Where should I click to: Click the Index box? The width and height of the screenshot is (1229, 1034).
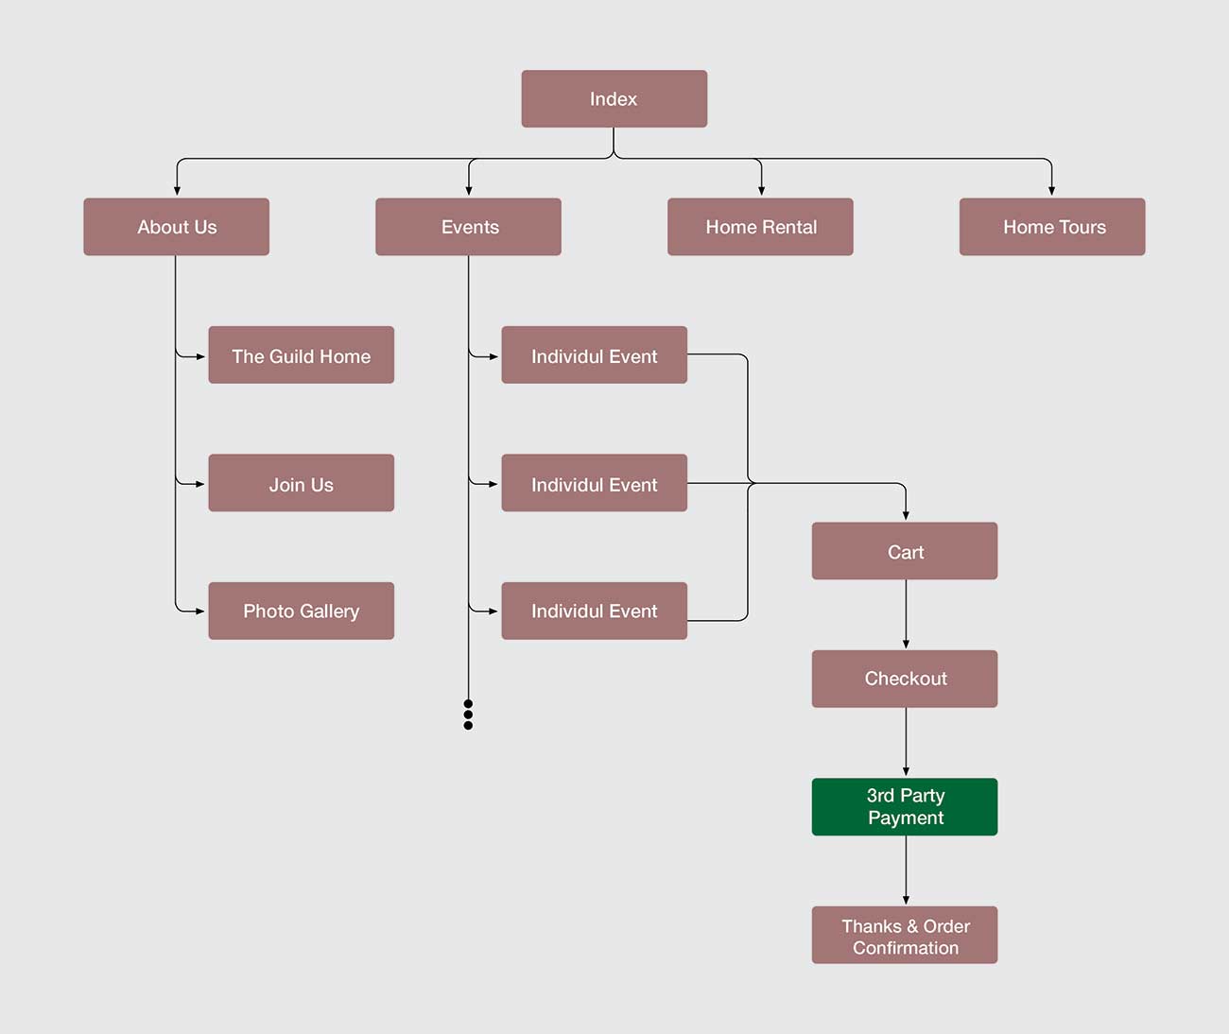click(x=614, y=98)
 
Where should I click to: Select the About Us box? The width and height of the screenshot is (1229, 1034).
click(x=177, y=227)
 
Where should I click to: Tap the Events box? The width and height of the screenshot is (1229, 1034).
click(x=468, y=227)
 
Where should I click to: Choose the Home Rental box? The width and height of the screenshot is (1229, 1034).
click(x=760, y=227)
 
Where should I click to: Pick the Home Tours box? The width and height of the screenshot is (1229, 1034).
click(x=1052, y=227)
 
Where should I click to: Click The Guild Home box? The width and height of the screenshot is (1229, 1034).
click(x=301, y=355)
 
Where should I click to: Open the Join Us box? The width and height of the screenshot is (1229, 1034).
click(x=301, y=483)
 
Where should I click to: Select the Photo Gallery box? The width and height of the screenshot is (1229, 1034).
click(x=301, y=611)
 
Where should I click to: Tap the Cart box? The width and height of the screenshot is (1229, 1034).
click(x=905, y=551)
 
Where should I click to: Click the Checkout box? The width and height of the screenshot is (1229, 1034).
click(x=905, y=679)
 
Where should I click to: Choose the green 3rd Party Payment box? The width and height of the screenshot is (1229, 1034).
click(x=905, y=806)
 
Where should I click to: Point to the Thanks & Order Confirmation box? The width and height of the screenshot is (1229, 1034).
click(x=905, y=935)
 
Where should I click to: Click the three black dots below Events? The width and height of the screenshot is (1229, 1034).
click(x=468, y=715)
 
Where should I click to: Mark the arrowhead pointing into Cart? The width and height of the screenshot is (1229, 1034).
click(x=906, y=515)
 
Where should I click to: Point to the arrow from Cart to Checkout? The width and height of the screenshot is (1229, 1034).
click(x=906, y=614)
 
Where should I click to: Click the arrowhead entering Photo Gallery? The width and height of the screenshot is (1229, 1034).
click(x=199, y=611)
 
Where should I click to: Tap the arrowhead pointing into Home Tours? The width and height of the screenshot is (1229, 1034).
click(x=1051, y=191)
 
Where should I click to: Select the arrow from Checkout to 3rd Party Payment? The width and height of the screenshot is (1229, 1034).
click(x=906, y=742)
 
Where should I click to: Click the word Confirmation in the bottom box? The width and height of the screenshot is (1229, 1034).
click(x=905, y=947)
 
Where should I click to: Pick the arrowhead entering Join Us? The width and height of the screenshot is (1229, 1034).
click(x=199, y=484)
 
